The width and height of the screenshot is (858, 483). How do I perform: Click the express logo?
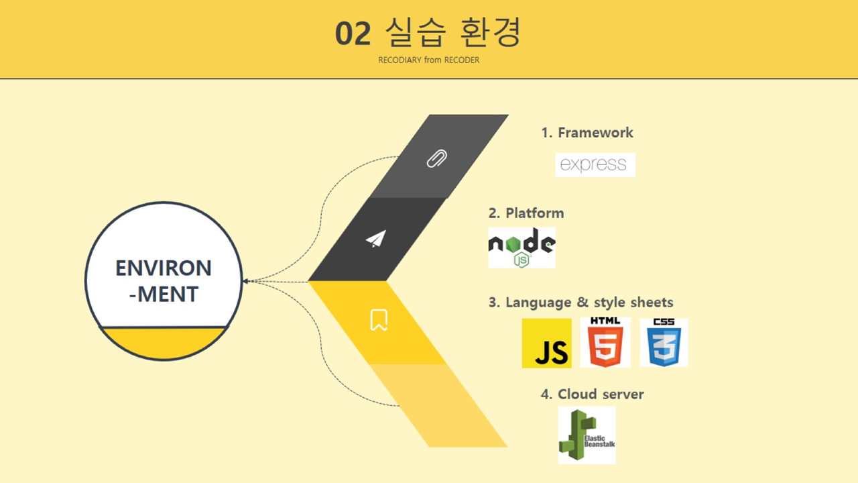595,165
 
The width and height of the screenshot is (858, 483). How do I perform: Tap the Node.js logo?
522,248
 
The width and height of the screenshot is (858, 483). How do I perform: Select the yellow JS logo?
546,343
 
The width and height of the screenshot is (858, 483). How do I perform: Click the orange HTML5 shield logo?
605,342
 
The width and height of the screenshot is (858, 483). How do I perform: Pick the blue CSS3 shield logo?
664,342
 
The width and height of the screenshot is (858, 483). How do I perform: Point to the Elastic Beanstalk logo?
587,435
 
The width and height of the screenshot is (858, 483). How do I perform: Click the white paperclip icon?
436,158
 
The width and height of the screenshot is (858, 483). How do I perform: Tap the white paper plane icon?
376,239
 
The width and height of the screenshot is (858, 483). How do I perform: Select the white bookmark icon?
379,320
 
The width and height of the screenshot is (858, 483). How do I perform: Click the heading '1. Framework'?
587,133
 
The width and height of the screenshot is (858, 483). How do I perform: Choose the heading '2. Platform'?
526,213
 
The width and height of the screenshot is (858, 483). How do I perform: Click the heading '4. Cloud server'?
592,394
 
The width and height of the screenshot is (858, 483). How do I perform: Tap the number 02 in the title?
353,34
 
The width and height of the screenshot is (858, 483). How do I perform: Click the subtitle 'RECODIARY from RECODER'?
428,60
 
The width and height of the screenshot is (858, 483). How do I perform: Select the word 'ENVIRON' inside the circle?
164,268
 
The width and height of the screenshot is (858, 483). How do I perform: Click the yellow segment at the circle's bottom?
164,343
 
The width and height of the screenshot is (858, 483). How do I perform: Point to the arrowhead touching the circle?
246,281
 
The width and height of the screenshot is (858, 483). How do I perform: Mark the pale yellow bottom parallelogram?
438,406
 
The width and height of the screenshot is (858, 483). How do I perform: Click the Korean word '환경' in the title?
490,32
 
